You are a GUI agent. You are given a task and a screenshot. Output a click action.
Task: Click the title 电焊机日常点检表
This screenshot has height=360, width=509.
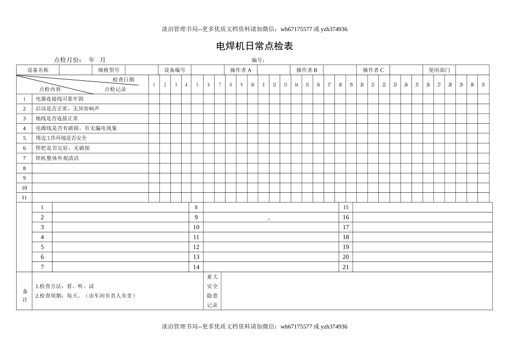click(254, 46)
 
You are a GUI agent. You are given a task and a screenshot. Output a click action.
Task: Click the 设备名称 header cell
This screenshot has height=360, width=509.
click(38, 70)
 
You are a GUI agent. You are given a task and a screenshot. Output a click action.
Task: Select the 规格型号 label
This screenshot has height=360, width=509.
click(109, 70)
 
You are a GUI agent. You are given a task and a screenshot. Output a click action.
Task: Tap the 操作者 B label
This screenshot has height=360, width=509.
click(307, 70)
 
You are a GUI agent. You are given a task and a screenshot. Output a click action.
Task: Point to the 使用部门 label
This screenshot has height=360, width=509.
click(439, 70)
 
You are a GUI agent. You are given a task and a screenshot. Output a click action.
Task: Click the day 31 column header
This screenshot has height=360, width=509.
click(483, 85)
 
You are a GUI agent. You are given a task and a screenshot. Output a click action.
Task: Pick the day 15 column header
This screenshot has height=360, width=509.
click(307, 85)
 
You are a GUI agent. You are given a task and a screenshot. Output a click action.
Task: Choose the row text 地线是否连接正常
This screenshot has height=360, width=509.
click(57, 118)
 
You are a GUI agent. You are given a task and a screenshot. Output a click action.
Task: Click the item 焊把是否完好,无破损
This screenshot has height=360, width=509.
click(63, 148)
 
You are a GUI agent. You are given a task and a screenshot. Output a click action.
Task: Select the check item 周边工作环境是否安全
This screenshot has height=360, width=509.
click(61, 138)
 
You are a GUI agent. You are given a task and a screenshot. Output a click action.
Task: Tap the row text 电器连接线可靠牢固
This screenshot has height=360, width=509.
click(59, 99)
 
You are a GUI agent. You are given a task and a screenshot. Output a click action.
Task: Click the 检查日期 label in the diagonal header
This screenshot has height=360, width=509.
click(123, 80)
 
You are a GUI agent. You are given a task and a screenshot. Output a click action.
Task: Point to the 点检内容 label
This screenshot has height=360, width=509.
click(50, 89)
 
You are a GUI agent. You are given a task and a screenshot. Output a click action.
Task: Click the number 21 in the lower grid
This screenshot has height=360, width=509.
click(346, 267)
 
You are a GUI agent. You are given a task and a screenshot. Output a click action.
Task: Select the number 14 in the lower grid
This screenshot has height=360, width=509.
click(196, 267)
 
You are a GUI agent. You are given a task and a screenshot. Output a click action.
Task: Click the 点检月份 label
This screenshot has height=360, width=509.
click(68, 60)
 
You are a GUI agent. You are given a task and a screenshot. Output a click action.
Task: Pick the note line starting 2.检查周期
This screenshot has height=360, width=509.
click(85, 296)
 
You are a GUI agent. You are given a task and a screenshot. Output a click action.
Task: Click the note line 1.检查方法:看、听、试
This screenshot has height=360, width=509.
click(65, 287)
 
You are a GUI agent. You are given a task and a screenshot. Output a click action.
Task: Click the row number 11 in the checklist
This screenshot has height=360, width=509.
click(24, 197)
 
